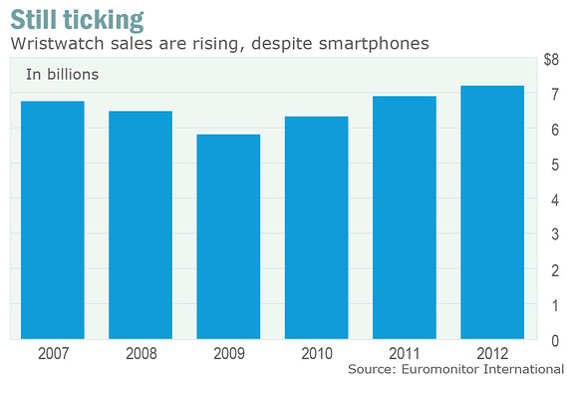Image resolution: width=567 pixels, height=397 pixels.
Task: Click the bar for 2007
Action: pos(53,220)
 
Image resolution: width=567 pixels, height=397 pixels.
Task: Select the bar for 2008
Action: pos(141,225)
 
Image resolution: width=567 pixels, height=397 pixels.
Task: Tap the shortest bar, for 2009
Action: pos(228,236)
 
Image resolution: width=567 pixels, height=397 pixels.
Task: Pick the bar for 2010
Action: pos(317,227)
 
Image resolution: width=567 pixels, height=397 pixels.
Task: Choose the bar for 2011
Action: pos(405,217)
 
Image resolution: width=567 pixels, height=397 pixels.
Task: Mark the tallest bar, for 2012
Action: pos(492,212)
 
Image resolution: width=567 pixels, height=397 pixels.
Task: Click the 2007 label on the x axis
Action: pos(53,353)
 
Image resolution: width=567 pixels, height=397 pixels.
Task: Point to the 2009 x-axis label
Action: pos(229,353)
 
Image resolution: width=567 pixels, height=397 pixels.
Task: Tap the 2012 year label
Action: pos(492,353)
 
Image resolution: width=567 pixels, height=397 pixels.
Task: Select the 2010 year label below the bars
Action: pos(317,353)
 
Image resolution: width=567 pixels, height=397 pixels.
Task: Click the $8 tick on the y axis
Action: pos(551,60)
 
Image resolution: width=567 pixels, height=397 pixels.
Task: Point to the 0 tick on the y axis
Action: pos(555,341)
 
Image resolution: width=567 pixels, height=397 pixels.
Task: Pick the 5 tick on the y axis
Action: pos(555,165)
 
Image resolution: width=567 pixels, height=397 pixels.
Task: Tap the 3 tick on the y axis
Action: pos(555,234)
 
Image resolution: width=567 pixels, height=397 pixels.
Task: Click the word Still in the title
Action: pos(34,19)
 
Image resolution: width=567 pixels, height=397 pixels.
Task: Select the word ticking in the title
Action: pos(104,21)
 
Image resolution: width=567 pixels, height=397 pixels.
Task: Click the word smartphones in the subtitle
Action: pos(374,44)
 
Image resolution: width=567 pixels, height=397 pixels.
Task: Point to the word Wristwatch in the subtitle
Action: pos(57,44)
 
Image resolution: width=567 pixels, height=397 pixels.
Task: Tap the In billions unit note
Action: pos(62,74)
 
